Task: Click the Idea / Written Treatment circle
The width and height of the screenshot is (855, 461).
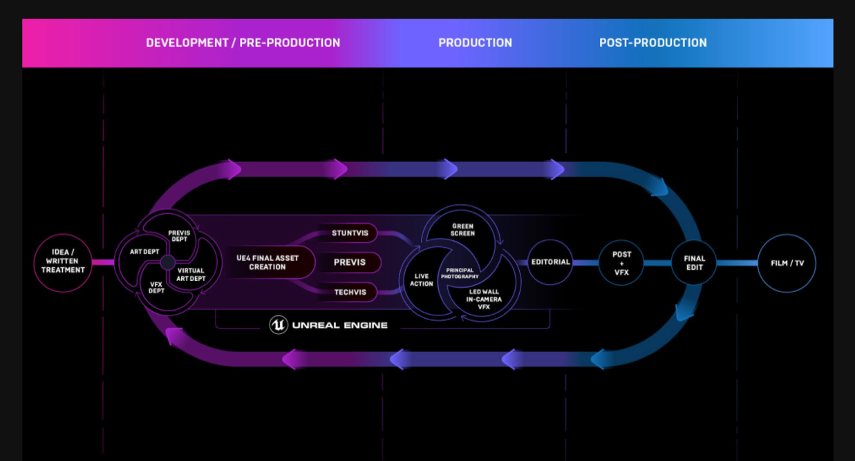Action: coord(63,262)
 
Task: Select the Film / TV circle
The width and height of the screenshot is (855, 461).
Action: coord(787,263)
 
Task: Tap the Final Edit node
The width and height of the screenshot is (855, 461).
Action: coord(694,263)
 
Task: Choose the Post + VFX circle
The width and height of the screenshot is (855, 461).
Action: coord(621,263)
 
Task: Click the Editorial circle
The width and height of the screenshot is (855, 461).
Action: coord(550,262)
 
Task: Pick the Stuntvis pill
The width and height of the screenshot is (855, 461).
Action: coord(350,233)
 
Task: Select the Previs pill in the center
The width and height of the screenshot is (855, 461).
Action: coord(350,263)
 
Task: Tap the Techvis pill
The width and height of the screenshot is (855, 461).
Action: coord(350,293)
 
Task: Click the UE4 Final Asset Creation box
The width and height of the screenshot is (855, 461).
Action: coord(267,263)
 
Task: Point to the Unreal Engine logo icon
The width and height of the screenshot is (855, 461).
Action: coord(278,325)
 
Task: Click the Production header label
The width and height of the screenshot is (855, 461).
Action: coord(475,43)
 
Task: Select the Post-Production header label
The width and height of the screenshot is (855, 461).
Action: coord(652,43)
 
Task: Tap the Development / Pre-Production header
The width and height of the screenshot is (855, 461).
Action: coord(243,43)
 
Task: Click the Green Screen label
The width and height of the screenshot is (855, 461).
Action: coord(462,230)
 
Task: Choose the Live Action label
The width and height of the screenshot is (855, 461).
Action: coord(422,279)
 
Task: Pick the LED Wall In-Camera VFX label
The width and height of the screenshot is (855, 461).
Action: coord(484,299)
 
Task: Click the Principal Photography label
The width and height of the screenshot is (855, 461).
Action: coord(460,273)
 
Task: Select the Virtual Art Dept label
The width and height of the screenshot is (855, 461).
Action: coord(191,275)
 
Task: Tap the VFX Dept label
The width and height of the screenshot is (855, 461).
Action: coord(157,287)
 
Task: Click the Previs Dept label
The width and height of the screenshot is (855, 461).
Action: coord(179,236)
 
